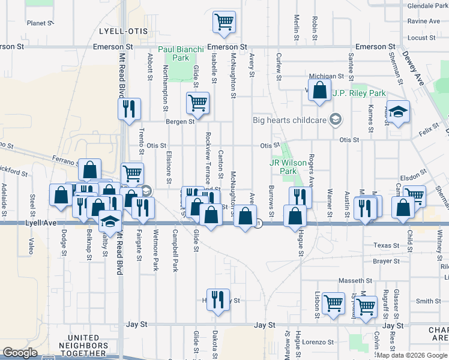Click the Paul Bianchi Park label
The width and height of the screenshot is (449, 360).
pos(181,54)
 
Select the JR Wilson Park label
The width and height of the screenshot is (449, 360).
pos(283,167)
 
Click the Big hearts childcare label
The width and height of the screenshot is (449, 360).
pos(291,119)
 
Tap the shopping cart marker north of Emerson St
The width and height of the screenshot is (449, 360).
pos(224,22)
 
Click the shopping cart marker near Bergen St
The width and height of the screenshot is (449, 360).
pos(197,103)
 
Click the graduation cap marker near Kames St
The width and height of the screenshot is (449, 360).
pos(397,112)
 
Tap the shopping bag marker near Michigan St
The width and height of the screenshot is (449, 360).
pos(320,91)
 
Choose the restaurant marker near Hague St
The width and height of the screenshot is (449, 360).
pos(300,197)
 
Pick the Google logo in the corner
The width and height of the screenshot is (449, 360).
pos(20,353)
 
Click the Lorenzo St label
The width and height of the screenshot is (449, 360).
pos(317,342)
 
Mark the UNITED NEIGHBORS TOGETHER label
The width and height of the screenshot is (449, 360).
pos(83,346)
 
